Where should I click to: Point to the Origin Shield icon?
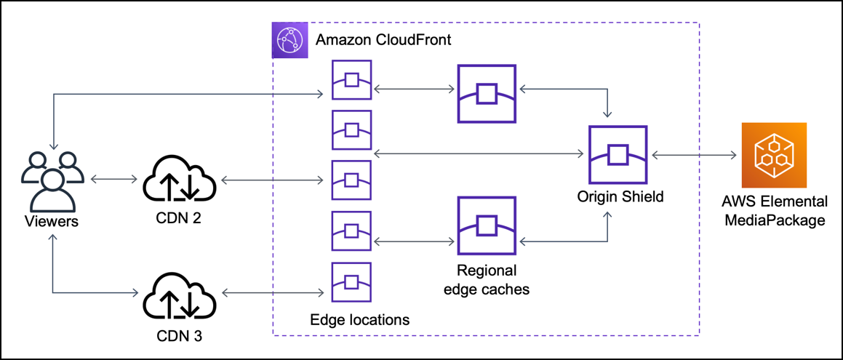click(618, 154)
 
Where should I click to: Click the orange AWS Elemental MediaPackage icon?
click(773, 155)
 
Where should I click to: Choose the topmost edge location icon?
click(351, 79)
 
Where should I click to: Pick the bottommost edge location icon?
click(351, 281)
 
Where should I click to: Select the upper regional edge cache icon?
click(486, 93)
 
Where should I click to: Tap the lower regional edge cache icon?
click(486, 224)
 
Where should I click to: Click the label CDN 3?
click(179, 336)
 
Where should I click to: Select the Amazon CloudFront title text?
click(383, 39)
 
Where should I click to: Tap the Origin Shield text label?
click(620, 196)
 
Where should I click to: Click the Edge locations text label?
click(359, 319)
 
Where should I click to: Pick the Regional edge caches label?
click(487, 280)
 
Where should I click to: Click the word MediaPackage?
click(775, 220)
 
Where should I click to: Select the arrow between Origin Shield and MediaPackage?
click(695, 154)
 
